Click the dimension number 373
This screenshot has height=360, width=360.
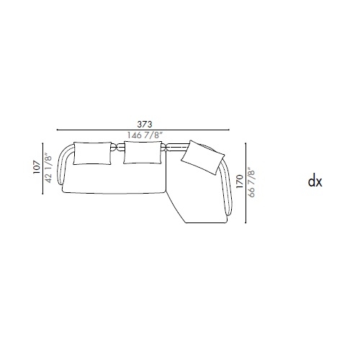coord(145,124)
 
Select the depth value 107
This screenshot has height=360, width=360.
coord(37,167)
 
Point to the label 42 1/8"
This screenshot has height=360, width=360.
coord(48,168)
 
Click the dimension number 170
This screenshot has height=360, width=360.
coord(240,181)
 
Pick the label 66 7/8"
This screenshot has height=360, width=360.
coord(251,182)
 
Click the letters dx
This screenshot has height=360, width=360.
coord(315,181)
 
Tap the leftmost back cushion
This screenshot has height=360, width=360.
coord(92,153)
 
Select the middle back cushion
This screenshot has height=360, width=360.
coord(143,153)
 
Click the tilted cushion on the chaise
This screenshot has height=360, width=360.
coord(203,157)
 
